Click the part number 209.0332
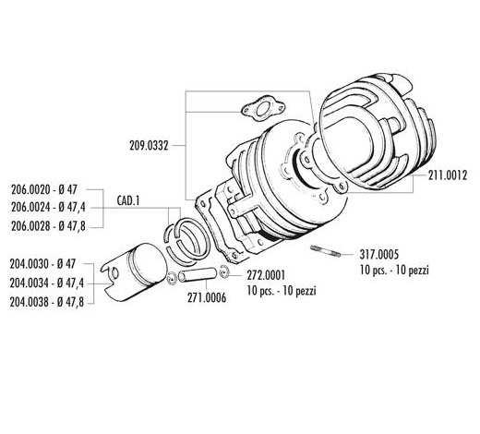(149, 146)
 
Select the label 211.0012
(448, 175)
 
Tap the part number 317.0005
(379, 255)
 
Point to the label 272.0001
(266, 275)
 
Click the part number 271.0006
(207, 297)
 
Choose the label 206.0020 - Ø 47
(44, 189)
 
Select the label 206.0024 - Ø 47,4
(48, 208)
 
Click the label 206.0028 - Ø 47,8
(48, 226)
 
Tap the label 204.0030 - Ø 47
(42, 264)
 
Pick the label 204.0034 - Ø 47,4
(47, 283)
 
